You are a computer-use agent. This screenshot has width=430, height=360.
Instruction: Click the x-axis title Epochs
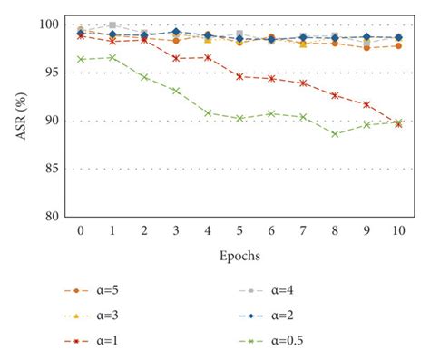click(239, 256)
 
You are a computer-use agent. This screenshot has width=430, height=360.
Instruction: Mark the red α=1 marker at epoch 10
click(398, 124)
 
